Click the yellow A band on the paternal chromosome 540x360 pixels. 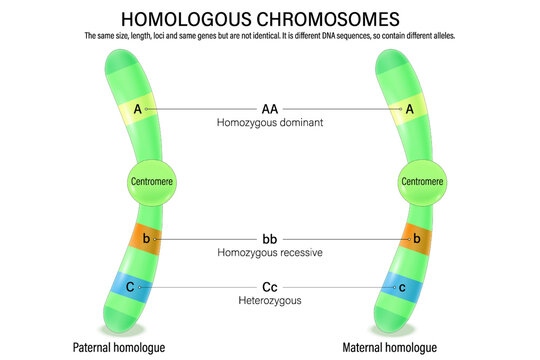click(x=138, y=109)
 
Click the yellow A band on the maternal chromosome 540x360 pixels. click(x=408, y=109)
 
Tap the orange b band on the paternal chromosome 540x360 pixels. click(x=146, y=240)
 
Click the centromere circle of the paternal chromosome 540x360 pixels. click(x=151, y=182)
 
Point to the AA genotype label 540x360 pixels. click(x=270, y=108)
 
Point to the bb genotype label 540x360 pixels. click(x=270, y=239)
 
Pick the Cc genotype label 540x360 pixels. click(x=270, y=288)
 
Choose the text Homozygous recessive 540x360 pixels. click(x=270, y=253)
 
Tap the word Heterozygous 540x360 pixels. click(x=270, y=301)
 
